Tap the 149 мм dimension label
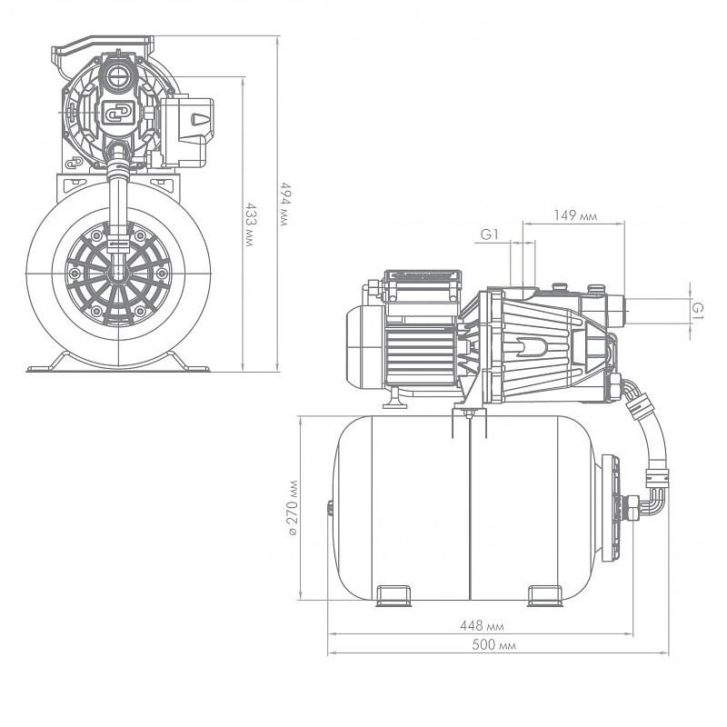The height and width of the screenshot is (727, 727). (x=575, y=216)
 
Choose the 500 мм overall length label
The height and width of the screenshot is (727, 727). (x=490, y=646)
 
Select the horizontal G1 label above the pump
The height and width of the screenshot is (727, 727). (x=491, y=234)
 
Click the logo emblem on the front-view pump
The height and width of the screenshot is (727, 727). (x=115, y=112)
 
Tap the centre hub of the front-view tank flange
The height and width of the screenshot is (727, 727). (x=115, y=273)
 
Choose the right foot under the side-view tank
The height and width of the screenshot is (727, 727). (x=547, y=594)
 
